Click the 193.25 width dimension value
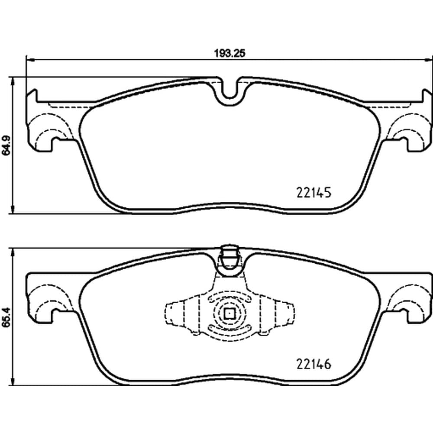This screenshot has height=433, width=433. pos(230,53)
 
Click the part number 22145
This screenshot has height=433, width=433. pos(313,193)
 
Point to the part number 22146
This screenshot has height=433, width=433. pos(313,364)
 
